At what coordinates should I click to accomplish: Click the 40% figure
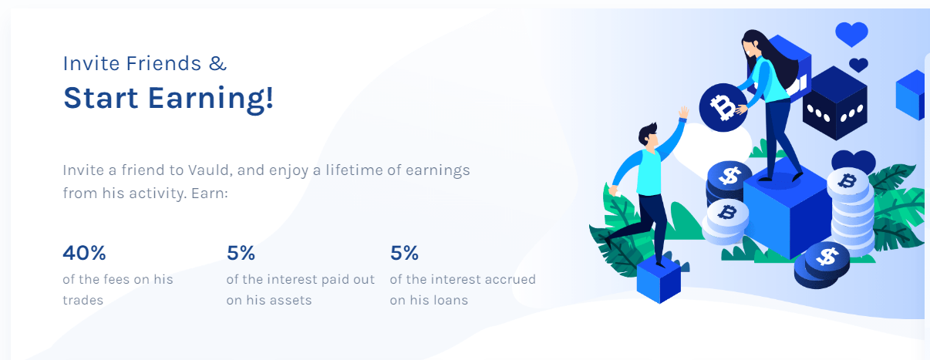pos(84,253)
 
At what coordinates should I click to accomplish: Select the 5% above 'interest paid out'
pos(241,253)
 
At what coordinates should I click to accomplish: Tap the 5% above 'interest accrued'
pos(404,253)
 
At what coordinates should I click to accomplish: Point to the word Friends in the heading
pos(164,63)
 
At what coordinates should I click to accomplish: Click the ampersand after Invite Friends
pos(218,63)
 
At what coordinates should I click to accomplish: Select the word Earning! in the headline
pos(211,99)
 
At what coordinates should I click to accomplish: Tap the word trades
pos(83,300)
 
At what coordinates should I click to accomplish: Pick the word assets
pos(290,300)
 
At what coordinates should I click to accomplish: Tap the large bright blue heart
pos(851,34)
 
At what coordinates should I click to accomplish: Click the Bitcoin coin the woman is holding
pos(723,108)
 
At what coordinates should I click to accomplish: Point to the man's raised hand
pos(683,113)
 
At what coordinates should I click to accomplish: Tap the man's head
pos(648,135)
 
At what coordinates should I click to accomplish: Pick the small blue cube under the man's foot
pos(659,279)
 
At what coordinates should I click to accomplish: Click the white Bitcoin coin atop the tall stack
pos(847,182)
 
